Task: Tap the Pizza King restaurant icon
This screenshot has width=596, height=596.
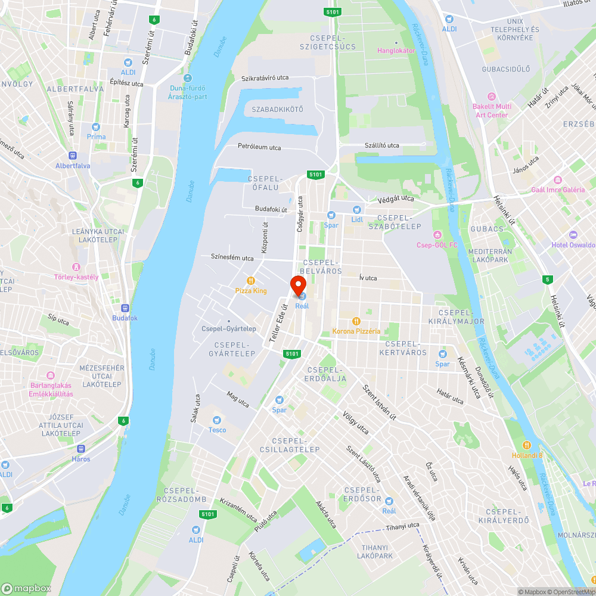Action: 252,281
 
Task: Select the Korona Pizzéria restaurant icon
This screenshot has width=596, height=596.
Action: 356,321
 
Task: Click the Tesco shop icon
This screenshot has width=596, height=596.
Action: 216,420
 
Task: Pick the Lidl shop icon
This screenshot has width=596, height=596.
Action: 356,209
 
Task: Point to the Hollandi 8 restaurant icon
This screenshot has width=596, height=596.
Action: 527,445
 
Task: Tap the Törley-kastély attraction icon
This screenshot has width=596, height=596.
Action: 76,267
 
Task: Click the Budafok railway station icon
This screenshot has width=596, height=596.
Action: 125,308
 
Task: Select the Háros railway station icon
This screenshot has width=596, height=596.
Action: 81,449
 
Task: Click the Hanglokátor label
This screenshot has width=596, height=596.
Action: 396,51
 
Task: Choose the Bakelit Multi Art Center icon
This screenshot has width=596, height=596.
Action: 491,97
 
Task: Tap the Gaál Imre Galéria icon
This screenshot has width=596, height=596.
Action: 558,180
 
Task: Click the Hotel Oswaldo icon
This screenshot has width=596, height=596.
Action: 573,235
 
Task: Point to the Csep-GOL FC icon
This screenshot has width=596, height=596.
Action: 437,235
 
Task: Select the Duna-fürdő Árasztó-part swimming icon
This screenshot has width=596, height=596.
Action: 188,78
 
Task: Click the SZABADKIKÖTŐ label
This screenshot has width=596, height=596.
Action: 277,110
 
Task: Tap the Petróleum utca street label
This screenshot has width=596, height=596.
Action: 259,147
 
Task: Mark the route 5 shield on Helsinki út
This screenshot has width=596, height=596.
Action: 548,280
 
